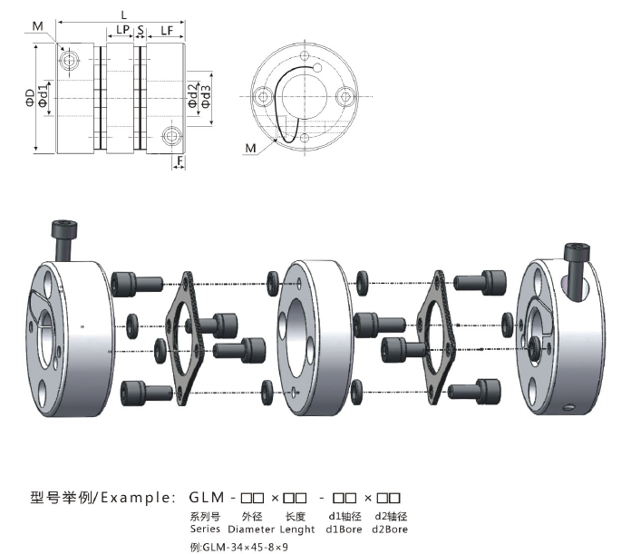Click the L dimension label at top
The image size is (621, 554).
(x=124, y=15)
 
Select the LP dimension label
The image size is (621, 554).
(x=122, y=30)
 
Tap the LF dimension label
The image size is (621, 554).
(x=167, y=31)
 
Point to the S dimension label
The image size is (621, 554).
(x=141, y=30)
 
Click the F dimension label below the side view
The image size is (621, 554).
(x=180, y=160)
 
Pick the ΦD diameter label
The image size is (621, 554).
(x=30, y=97)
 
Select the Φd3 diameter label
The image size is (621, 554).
(x=206, y=96)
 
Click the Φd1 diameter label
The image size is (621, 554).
(x=44, y=94)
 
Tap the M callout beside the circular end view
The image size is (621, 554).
(x=250, y=148)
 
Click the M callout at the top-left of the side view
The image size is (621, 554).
(x=38, y=26)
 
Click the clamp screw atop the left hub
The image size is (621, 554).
(x=64, y=240)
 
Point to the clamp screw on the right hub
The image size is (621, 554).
(x=577, y=271)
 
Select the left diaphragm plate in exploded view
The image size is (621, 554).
(x=185, y=338)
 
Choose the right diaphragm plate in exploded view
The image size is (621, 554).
(x=436, y=336)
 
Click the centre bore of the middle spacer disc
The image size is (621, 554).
(x=298, y=336)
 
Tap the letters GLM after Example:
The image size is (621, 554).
(x=207, y=497)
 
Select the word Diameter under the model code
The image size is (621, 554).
(x=251, y=529)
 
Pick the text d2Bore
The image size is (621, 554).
(x=390, y=529)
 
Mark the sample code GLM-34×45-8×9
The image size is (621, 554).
(x=245, y=548)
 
